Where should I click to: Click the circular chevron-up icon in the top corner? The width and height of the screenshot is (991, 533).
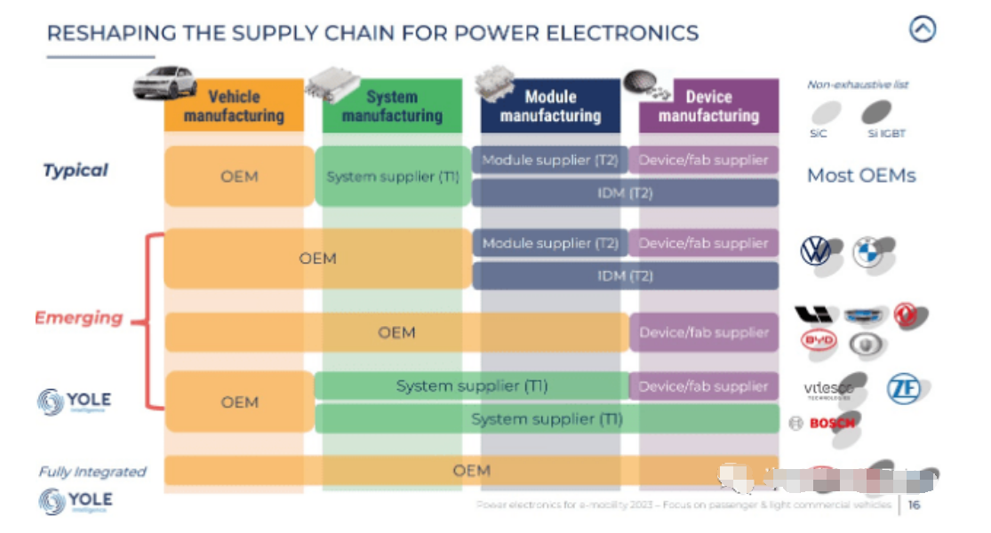923,29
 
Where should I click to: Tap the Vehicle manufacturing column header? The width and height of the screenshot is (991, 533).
234,106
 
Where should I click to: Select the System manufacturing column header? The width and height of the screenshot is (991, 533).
392,106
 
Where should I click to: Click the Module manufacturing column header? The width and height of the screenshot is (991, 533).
550,106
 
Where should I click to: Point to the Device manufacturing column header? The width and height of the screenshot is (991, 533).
708,106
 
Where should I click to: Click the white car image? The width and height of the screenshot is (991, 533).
164,82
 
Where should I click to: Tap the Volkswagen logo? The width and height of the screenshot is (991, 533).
815,251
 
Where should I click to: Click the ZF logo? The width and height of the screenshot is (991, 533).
903,388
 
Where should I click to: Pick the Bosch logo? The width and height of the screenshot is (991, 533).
824,424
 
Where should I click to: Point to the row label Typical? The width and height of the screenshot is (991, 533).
76,170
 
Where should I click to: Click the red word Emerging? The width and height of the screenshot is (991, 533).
78,317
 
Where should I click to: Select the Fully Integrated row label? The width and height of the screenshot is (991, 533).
92,472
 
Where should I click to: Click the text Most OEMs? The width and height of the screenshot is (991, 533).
860,175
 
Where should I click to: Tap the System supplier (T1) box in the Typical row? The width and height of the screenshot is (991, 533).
392,177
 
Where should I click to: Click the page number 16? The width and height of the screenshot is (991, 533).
914,505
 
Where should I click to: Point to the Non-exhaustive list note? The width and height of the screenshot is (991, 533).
858,85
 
